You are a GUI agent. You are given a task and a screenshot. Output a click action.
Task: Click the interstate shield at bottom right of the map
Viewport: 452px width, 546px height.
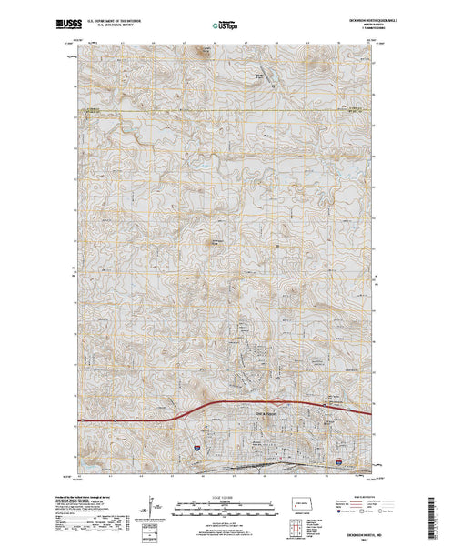point(338,462)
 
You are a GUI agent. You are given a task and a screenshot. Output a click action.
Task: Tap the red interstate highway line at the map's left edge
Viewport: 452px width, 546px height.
point(86,420)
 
